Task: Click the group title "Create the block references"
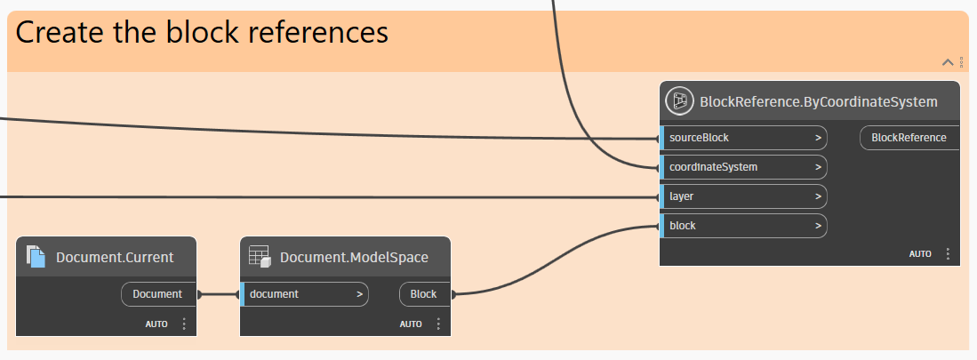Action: click(x=202, y=33)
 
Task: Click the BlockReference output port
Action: click(x=908, y=138)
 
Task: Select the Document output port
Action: click(x=157, y=294)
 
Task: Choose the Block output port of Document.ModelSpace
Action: click(x=424, y=294)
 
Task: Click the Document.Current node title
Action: click(x=115, y=258)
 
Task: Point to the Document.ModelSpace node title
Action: click(x=354, y=258)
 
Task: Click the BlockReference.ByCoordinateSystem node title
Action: click(x=819, y=102)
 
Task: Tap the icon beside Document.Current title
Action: click(x=36, y=257)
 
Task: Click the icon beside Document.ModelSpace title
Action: click(x=259, y=257)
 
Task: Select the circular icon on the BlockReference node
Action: click(x=679, y=101)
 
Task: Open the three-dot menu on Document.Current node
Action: click(x=184, y=324)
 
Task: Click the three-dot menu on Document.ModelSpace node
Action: click(x=438, y=324)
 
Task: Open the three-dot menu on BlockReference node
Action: click(x=948, y=254)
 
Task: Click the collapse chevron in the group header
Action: click(x=948, y=62)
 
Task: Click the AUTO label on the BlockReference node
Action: click(x=919, y=254)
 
